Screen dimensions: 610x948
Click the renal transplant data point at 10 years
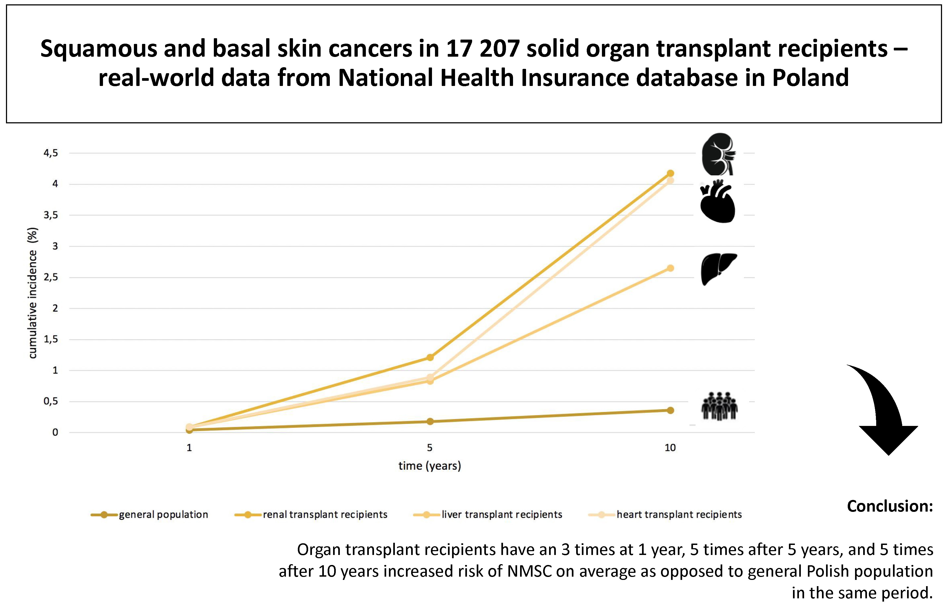point(670,174)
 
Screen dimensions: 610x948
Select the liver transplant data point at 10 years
point(670,268)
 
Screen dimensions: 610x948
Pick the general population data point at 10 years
point(670,410)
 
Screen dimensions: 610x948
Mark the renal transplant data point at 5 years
point(430,357)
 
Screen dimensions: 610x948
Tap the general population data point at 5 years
point(430,422)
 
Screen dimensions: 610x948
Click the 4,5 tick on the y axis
point(51,153)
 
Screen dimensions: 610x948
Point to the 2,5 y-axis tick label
point(51,277)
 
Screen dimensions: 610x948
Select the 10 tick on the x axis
point(670,448)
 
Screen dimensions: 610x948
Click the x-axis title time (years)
point(430,466)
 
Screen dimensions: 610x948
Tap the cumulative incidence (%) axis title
point(33,293)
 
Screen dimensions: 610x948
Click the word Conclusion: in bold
point(889,506)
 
